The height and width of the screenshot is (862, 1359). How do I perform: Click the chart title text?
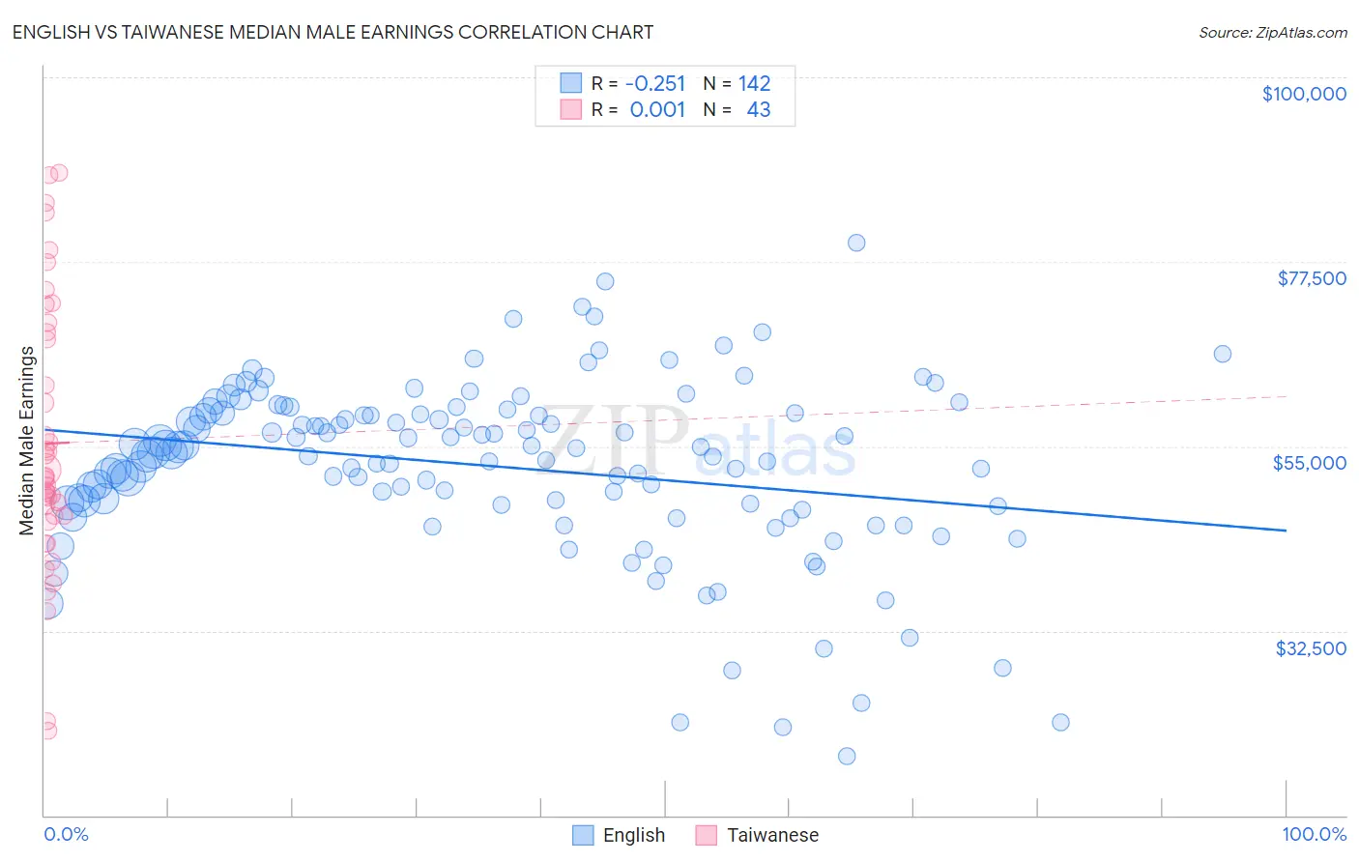(333, 32)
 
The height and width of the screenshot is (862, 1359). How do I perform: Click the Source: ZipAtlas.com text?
(1272, 32)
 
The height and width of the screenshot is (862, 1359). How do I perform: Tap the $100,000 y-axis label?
(1304, 94)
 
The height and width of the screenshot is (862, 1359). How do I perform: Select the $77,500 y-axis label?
(1311, 278)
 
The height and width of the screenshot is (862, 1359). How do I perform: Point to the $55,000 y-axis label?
(1309, 463)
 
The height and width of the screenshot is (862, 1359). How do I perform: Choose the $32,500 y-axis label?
(1310, 648)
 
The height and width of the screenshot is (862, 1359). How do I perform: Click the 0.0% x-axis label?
(66, 834)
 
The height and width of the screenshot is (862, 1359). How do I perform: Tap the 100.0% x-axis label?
(1314, 834)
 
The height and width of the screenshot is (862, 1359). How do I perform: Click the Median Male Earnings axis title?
(26, 441)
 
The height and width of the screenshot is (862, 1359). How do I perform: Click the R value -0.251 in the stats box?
(654, 83)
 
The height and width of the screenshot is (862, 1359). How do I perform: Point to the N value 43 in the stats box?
(758, 109)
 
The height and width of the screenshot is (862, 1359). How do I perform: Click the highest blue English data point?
(856, 243)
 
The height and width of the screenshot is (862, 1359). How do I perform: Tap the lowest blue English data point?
(847, 756)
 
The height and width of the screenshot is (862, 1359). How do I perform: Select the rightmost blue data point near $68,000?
(1223, 354)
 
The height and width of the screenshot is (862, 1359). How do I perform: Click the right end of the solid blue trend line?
(1286, 530)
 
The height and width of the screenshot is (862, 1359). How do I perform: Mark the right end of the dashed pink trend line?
(1286, 396)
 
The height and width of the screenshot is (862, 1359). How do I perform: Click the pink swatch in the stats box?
(571, 109)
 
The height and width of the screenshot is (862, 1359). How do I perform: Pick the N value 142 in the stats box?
(754, 83)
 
